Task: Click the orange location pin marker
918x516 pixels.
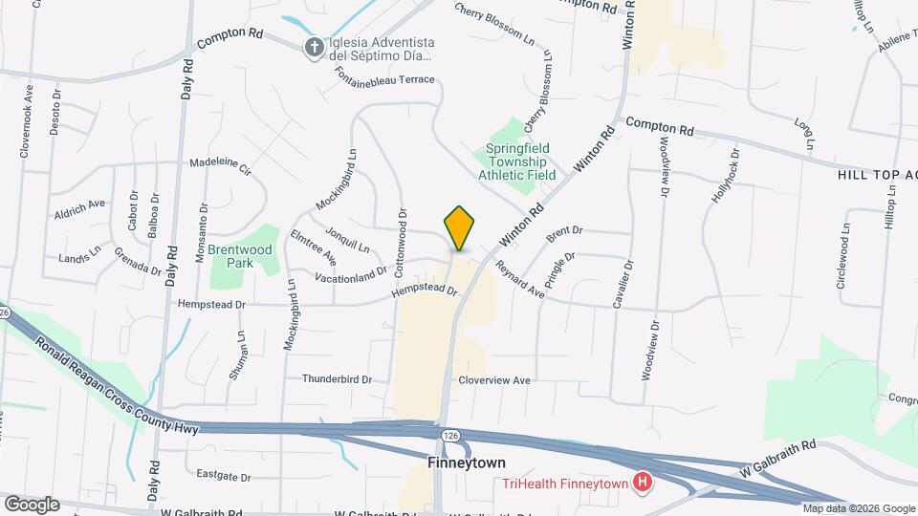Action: (459, 228)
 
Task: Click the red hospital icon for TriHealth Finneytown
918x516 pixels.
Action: (643, 484)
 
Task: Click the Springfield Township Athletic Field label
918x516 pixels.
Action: (520, 161)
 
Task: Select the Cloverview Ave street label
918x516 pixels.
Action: (493, 380)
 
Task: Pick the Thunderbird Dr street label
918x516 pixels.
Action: (336, 379)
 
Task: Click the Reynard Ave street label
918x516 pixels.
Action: (519, 281)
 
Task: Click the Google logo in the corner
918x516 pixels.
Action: (32, 504)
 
